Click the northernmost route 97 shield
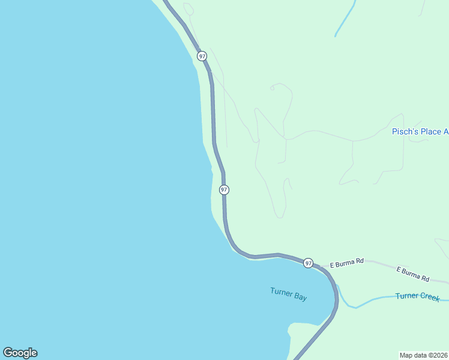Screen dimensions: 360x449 pos(202,56)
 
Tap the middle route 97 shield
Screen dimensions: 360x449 pos(224,190)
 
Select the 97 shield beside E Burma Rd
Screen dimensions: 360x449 pos(308,263)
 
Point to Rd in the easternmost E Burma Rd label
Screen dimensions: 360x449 pos(425,278)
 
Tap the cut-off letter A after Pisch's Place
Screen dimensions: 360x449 pos(445,132)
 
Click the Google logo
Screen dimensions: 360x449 pos(20,353)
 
